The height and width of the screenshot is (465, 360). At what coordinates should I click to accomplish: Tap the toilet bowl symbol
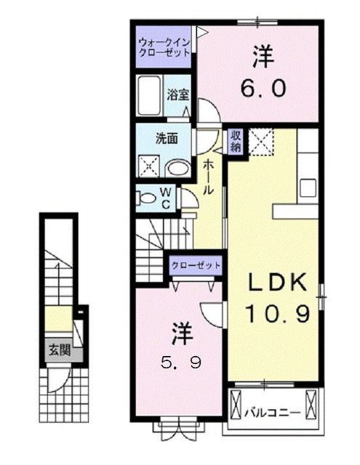[146, 196]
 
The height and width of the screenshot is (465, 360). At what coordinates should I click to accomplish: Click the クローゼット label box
[195, 266]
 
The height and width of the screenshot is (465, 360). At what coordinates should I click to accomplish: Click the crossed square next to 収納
[260, 142]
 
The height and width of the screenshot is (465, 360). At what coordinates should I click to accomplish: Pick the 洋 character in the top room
[263, 56]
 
